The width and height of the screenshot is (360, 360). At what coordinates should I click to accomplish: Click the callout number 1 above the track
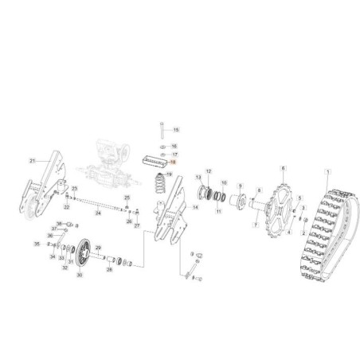[328, 173]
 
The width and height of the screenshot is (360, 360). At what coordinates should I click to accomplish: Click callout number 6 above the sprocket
[282, 169]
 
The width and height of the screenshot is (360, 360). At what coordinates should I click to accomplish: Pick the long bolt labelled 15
[161, 128]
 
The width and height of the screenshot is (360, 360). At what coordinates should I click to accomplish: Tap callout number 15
[176, 129]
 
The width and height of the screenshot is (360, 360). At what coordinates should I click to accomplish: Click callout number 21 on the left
[33, 161]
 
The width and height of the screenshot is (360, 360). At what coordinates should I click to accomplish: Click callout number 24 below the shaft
[97, 213]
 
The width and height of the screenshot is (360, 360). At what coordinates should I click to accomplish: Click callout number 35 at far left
[36, 244]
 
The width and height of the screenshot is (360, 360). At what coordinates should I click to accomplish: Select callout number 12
[209, 171]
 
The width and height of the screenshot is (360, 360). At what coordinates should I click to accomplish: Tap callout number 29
[98, 248]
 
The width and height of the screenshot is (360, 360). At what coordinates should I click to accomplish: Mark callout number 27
[137, 226]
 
